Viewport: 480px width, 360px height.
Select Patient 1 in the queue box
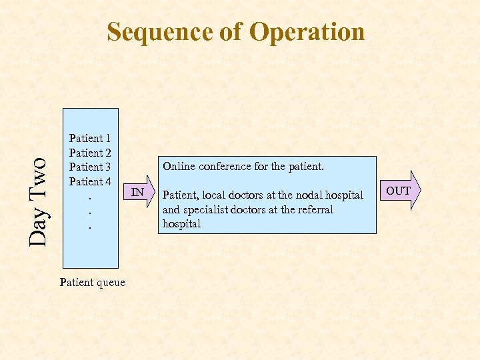(90, 139)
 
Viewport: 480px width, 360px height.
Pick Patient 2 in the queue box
(90, 153)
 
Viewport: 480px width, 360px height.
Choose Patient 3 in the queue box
(90, 167)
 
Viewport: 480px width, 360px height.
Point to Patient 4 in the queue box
(90, 181)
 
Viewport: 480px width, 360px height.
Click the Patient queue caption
(92, 282)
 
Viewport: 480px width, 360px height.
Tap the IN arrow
(139, 193)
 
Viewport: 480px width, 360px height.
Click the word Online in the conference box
(180, 166)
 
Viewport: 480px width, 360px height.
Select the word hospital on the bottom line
(181, 224)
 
